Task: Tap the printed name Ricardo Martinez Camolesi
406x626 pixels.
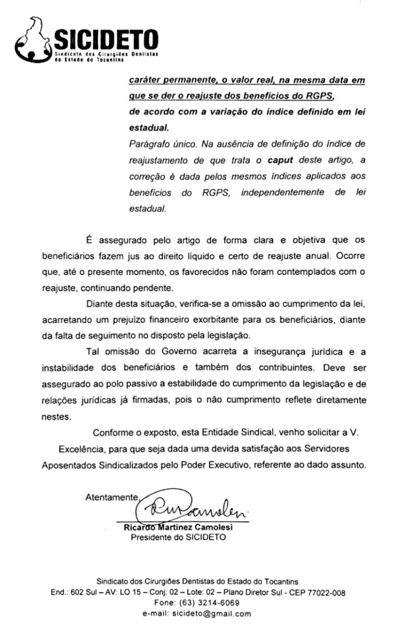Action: point(178,527)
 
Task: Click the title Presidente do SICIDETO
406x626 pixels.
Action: point(178,537)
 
